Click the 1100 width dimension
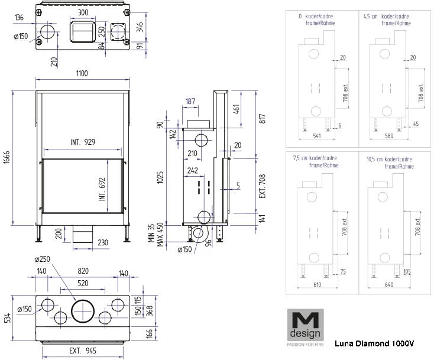point(82,73)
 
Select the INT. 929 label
point(82,142)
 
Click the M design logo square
point(303,325)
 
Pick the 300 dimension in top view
point(83,12)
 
